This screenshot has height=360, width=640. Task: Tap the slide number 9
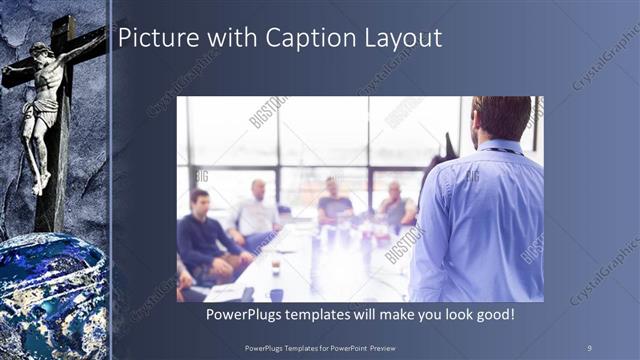(589, 346)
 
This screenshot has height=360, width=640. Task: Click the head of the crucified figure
(41, 53)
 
